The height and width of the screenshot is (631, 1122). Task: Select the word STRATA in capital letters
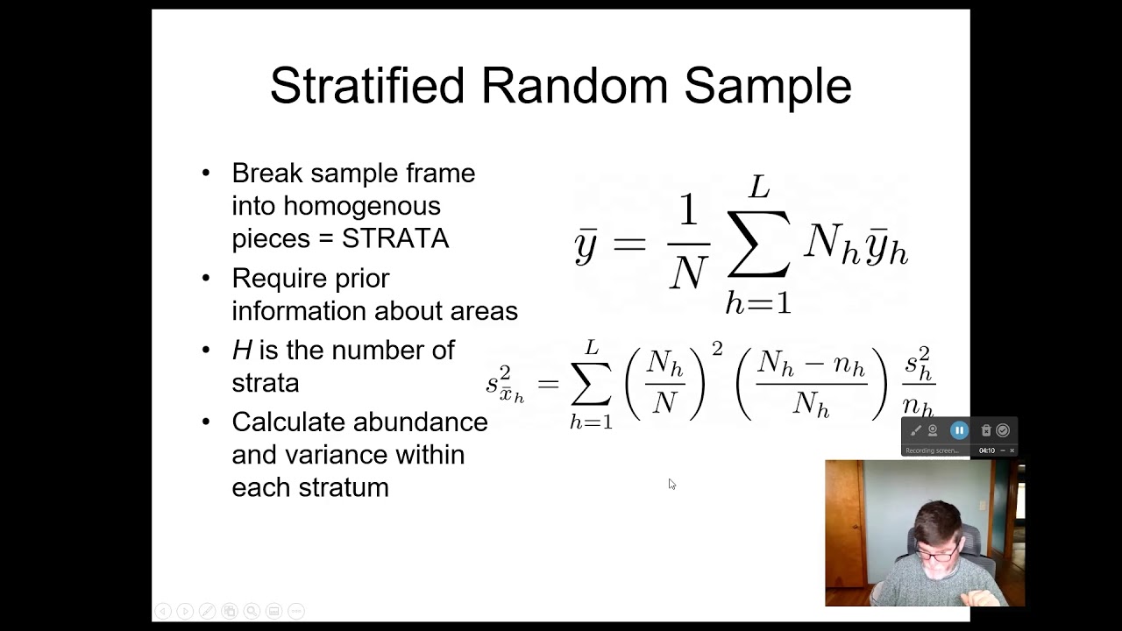(395, 238)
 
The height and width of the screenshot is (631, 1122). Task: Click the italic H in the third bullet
(241, 350)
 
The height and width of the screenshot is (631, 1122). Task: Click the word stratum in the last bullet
(348, 487)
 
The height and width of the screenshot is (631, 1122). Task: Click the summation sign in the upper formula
(757, 245)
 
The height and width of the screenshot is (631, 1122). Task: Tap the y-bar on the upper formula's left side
(586, 245)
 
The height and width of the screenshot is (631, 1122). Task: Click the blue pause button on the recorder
(959, 430)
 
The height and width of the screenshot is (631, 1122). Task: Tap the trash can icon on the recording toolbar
(986, 430)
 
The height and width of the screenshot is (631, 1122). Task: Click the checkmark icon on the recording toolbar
(1003, 430)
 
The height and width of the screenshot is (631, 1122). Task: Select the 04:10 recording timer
(987, 450)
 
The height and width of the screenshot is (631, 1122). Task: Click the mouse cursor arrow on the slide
(671, 484)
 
